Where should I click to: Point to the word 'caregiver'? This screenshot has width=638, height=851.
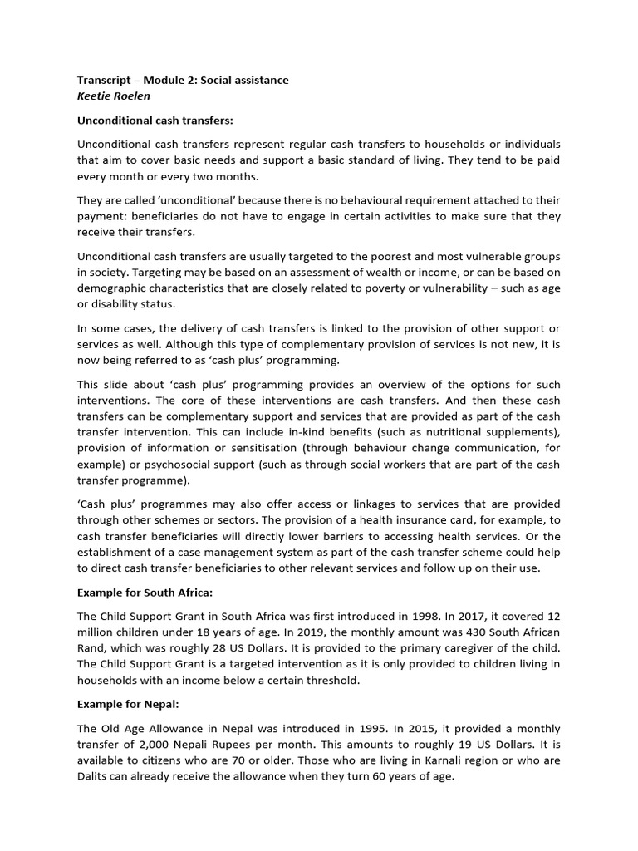tap(481, 648)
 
